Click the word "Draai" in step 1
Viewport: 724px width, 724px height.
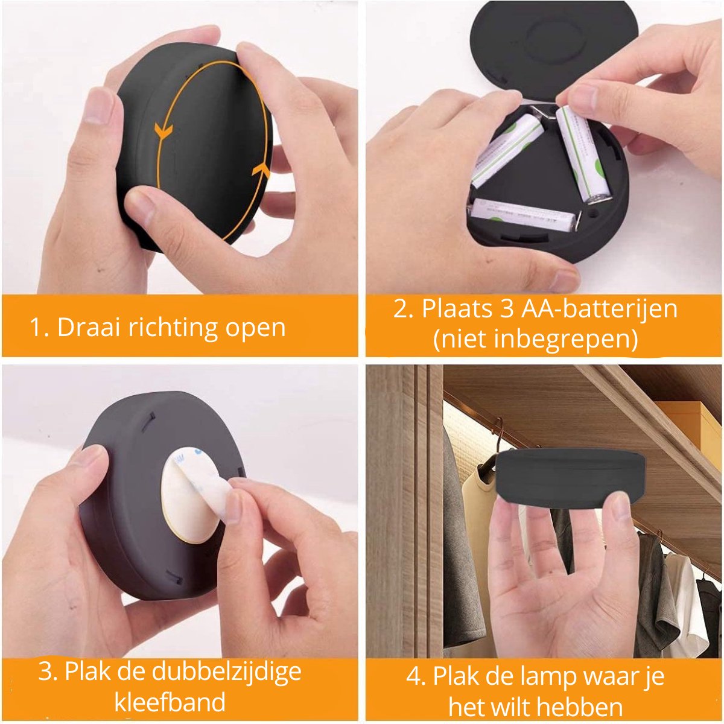pyautogui.click(x=89, y=327)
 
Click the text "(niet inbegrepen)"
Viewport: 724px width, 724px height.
pyautogui.click(x=536, y=339)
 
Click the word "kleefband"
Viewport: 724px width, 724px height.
pyautogui.click(x=170, y=702)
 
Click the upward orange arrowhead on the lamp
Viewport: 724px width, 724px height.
pyautogui.click(x=261, y=170)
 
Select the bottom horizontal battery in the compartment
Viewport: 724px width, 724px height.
pyautogui.click(x=524, y=214)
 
